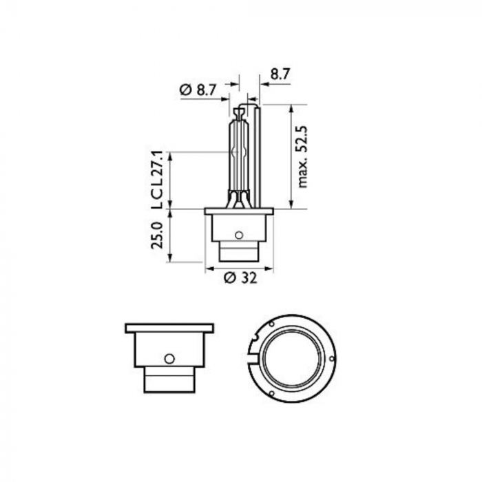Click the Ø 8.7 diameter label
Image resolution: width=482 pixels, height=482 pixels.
[x=198, y=90]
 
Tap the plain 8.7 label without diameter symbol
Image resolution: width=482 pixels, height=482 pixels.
[x=280, y=72]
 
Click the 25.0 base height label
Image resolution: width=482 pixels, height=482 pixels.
[x=156, y=235]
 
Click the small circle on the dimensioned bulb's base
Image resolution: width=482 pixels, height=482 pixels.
[x=239, y=235]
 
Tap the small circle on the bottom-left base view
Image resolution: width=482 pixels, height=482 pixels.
[x=168, y=358]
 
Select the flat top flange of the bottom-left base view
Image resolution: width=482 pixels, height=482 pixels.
[x=169, y=328]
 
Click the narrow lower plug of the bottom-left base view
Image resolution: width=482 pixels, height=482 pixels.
[x=168, y=379]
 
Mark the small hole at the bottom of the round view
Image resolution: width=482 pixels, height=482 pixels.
[x=272, y=395]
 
